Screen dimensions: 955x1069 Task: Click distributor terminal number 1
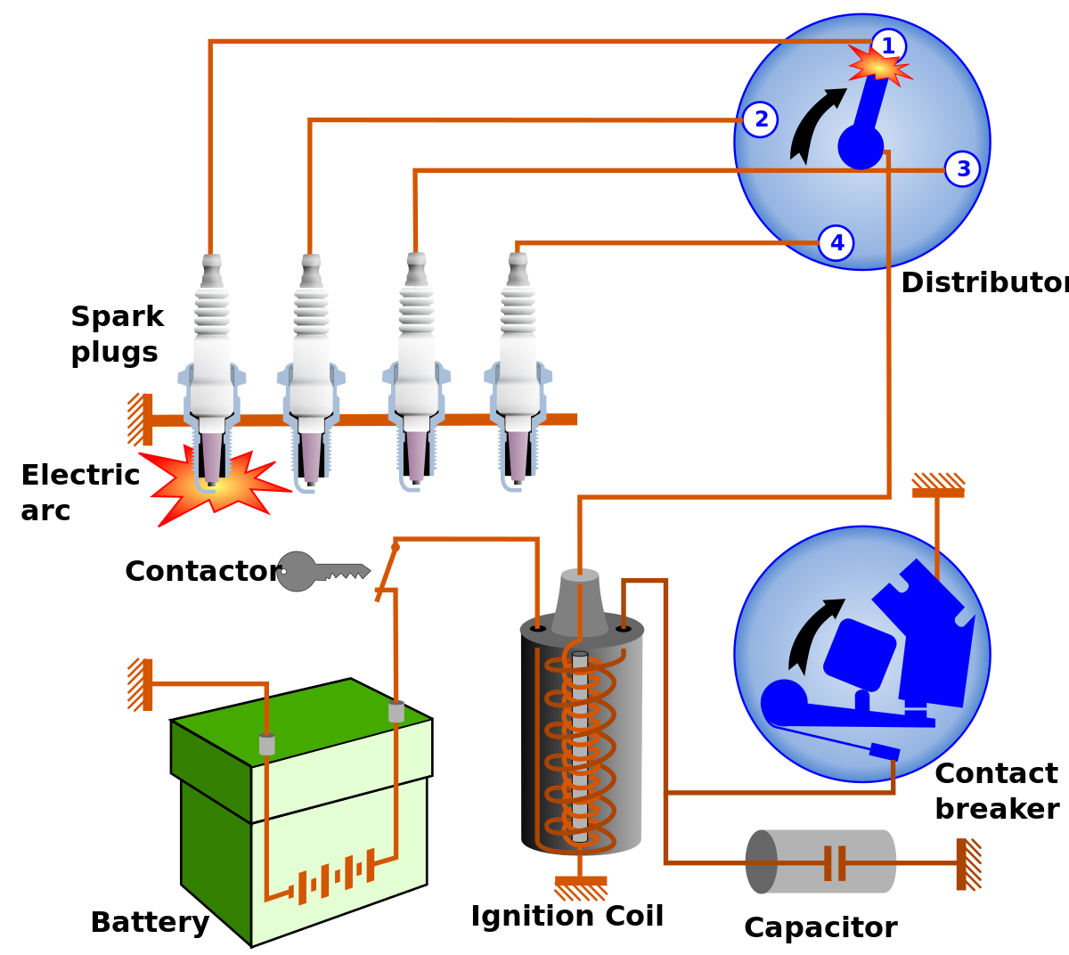[x=888, y=46]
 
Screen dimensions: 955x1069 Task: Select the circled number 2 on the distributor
[x=760, y=119]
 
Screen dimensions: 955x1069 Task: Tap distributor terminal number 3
[x=962, y=169]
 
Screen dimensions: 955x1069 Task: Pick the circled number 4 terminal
[x=836, y=243]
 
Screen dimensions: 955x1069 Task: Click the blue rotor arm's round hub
[x=861, y=147]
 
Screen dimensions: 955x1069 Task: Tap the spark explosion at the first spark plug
[x=214, y=486]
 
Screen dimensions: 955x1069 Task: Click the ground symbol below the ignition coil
[x=581, y=887]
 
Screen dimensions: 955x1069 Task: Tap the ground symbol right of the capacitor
[x=967, y=864]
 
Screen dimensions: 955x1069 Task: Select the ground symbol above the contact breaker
[x=938, y=486]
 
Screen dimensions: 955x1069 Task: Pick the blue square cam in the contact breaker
[x=859, y=655]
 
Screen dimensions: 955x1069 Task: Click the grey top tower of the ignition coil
[x=580, y=601]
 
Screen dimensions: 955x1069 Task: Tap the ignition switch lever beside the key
[x=387, y=572]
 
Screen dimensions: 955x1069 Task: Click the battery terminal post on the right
[x=396, y=711]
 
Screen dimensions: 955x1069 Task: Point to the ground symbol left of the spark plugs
[x=141, y=420]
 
